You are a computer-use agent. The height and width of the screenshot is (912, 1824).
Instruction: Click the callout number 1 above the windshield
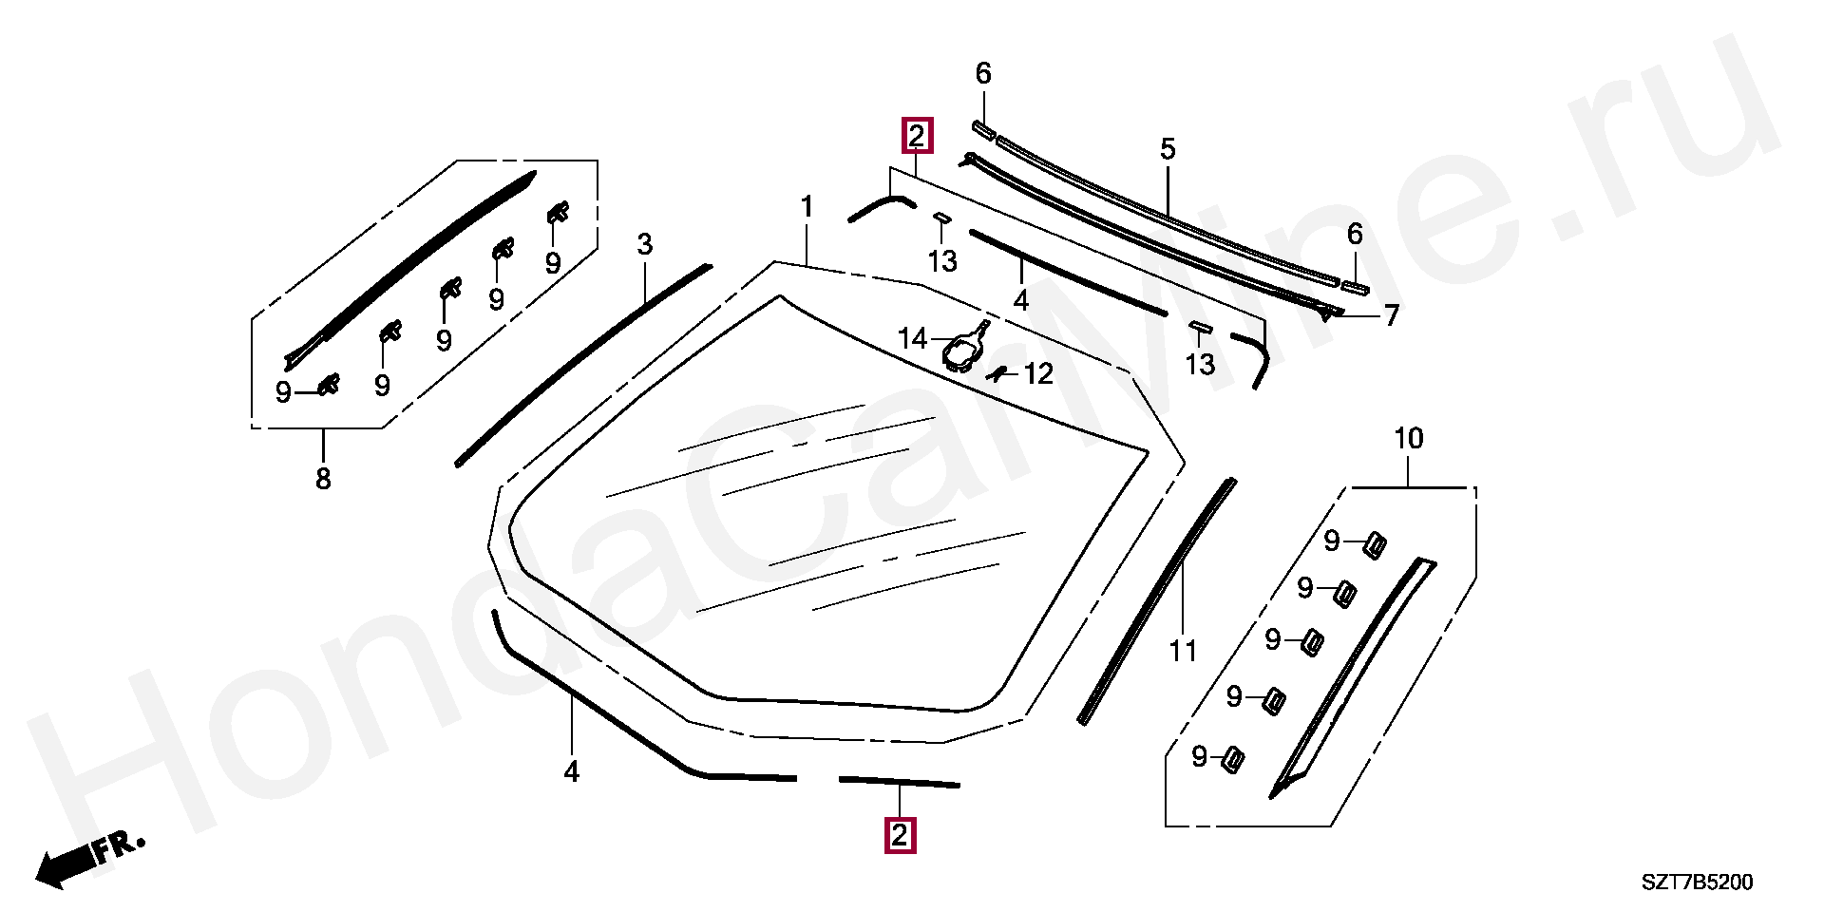807,207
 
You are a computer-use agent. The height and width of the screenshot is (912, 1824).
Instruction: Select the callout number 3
645,244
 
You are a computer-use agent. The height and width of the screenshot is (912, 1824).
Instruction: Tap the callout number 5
1168,149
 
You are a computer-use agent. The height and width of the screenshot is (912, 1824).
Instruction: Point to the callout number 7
1391,315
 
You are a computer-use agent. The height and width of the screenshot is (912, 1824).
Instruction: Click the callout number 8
323,479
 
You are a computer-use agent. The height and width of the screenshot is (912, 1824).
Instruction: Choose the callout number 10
1408,439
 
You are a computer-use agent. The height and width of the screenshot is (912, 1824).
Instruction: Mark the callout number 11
1183,652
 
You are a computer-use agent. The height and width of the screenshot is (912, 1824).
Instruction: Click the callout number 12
1038,374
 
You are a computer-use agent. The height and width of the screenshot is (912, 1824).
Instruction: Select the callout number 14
912,338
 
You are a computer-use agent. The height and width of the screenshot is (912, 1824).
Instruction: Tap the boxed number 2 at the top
917,136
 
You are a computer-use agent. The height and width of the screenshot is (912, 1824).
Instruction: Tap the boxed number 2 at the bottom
900,836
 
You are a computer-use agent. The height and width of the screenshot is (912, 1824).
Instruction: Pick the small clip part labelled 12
997,372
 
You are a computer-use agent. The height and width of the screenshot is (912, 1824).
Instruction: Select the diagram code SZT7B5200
1697,883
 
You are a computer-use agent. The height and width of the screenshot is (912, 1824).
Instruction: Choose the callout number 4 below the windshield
571,771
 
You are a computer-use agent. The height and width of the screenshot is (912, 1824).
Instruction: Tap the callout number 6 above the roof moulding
983,73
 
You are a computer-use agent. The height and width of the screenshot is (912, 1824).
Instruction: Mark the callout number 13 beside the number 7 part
1200,364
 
